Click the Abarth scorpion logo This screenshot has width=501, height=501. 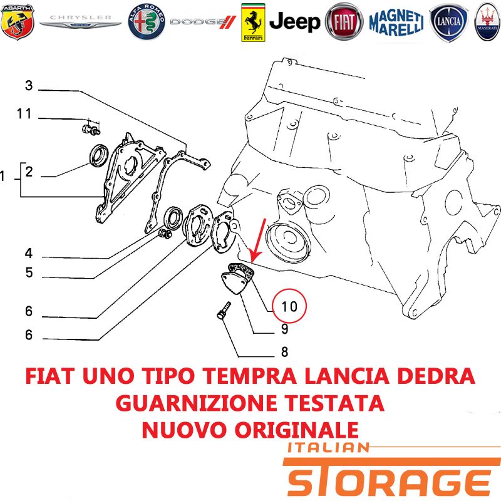point(18,22)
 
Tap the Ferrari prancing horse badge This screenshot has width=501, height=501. point(253,23)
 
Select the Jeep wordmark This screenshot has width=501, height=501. point(294,23)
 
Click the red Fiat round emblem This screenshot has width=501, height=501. point(344,22)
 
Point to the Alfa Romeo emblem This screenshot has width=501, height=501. point(147,22)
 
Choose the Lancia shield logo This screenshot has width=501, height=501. point(448,23)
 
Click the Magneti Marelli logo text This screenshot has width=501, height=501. point(396,23)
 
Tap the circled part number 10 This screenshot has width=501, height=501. point(289,306)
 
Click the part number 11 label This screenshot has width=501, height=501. point(24,114)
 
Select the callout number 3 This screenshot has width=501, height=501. point(29,86)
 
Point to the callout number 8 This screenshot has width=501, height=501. point(284,352)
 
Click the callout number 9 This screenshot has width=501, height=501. point(285,329)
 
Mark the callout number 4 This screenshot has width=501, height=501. point(29,254)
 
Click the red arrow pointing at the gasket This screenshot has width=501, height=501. point(258,240)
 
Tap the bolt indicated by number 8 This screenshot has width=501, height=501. point(224,310)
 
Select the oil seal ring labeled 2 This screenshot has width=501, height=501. point(99,155)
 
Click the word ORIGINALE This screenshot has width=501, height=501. point(297,430)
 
